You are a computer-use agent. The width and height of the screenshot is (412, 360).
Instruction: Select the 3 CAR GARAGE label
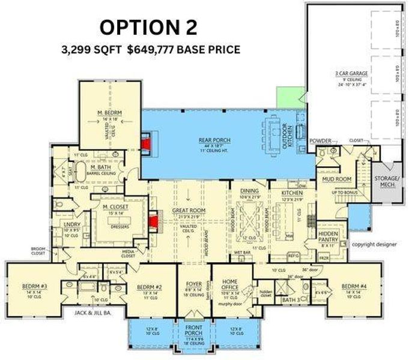tap(352, 73)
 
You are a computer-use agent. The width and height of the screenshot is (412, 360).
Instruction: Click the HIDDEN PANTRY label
tap(329, 236)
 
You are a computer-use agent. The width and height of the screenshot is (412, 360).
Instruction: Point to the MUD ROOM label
tap(332, 178)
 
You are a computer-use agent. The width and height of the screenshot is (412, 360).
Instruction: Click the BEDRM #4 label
tap(355, 286)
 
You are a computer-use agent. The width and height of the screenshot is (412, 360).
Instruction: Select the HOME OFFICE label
tap(231, 284)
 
